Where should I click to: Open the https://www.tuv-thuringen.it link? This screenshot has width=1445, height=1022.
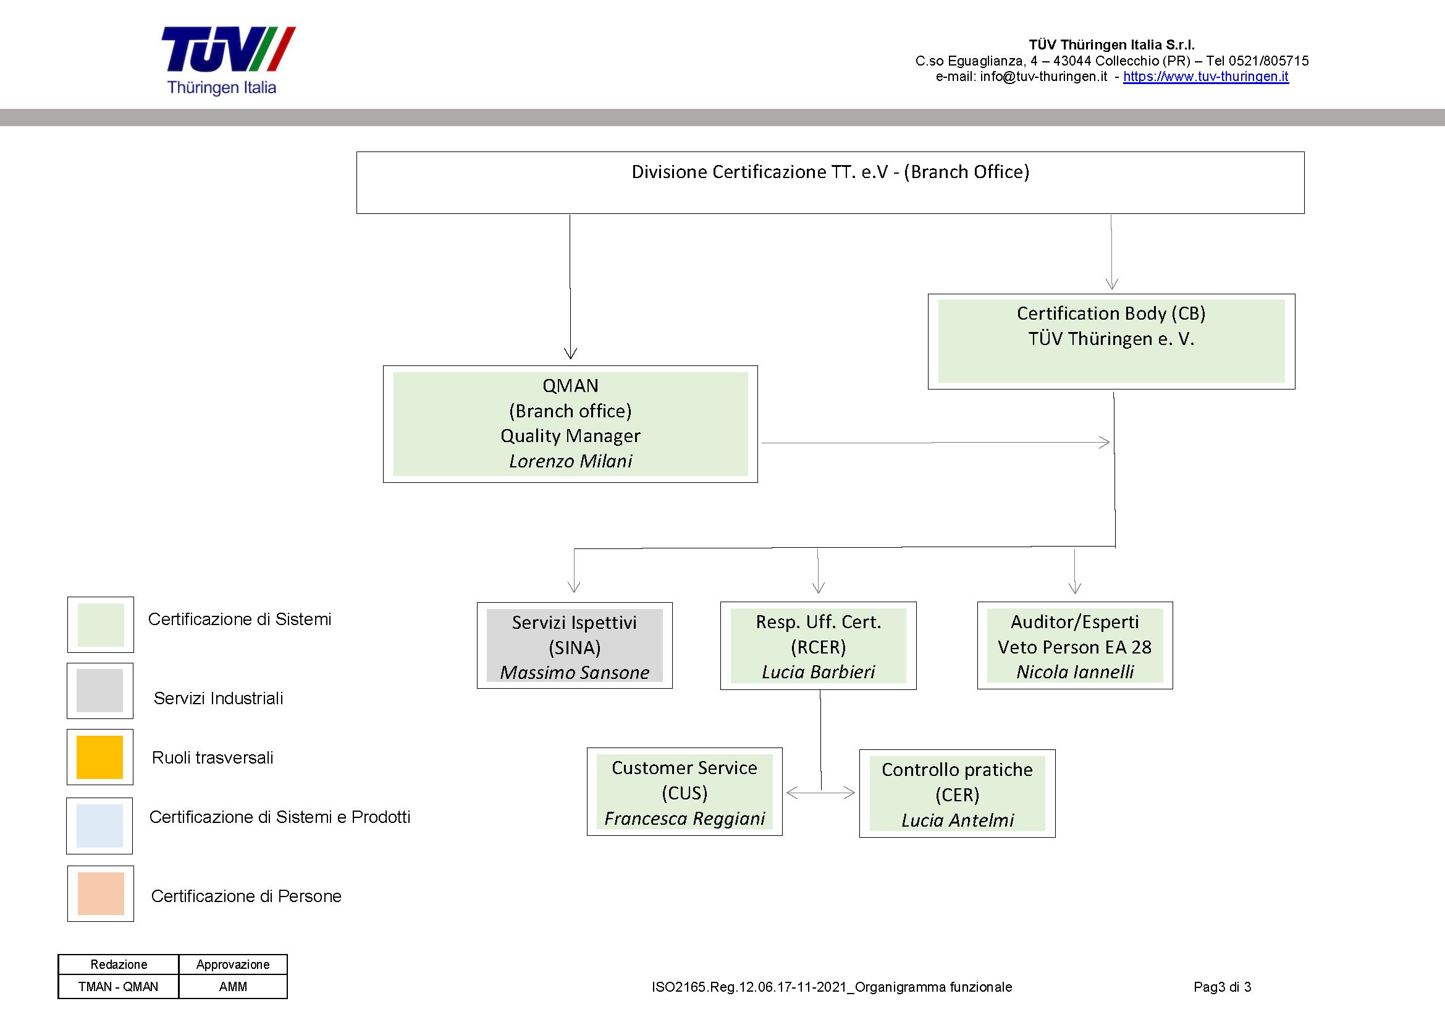1205,77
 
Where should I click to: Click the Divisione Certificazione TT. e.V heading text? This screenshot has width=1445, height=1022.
830,172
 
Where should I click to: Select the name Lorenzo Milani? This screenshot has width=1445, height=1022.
570,461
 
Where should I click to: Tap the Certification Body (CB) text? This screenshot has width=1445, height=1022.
1111,313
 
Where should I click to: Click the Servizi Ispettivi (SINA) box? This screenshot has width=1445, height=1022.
574,645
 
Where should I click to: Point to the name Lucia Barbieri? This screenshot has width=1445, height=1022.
818,672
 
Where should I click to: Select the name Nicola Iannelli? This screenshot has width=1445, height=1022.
1074,672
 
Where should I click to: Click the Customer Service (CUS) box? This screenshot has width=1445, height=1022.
684,791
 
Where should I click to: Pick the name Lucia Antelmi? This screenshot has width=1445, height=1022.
956,820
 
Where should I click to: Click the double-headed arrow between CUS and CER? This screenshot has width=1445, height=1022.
820,793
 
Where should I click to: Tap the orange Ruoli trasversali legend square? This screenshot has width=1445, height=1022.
99,757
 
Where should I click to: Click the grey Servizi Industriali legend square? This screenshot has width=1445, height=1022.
99,691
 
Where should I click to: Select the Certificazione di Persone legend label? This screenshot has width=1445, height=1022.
246,896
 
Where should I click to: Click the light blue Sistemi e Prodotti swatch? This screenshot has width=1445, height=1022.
99,825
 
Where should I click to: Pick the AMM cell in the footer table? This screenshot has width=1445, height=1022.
233,987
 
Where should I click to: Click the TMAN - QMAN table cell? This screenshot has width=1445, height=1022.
119,987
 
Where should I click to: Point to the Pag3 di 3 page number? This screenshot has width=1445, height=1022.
1221,987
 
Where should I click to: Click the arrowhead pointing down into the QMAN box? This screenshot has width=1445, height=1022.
570,353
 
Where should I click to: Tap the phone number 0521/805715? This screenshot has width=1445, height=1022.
1268,61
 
